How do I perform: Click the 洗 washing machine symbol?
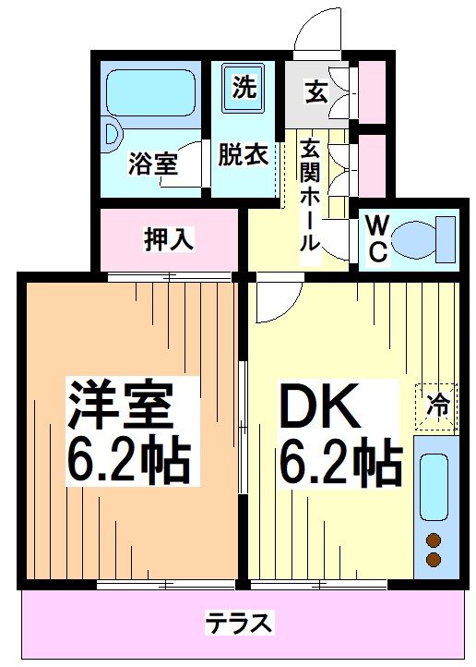coord(244,90)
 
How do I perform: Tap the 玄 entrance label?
coord(316,92)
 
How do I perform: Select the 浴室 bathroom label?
coord(152,164)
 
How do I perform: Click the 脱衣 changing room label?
coord(243,155)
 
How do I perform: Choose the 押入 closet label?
coord(168,239)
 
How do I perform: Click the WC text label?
coord(375,240)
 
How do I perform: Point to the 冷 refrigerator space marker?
coord(436,404)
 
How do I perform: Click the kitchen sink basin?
coord(434,486)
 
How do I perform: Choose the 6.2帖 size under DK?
coord(339,462)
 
